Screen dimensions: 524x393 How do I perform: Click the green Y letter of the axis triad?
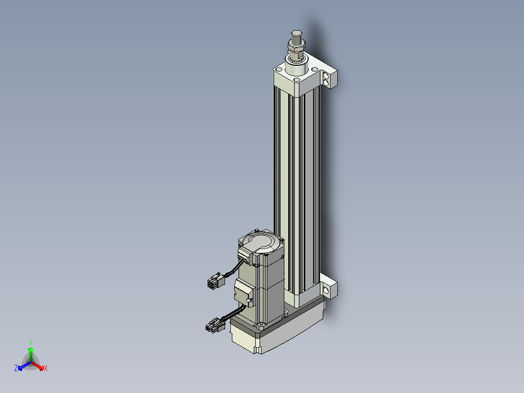tap(31, 342)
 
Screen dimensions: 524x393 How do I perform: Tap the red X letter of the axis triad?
tap(46, 368)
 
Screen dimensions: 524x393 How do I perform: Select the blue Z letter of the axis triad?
tap(16, 368)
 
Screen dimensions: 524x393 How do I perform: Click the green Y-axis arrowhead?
tap(31, 350)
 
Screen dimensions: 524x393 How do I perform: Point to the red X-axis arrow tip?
tap(42, 368)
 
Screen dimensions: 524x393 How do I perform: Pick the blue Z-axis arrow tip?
tap(20, 368)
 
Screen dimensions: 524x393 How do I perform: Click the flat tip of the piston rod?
tap(297, 33)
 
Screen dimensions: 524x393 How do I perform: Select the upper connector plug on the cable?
tap(215, 280)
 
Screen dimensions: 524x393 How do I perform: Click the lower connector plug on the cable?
tap(215, 325)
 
